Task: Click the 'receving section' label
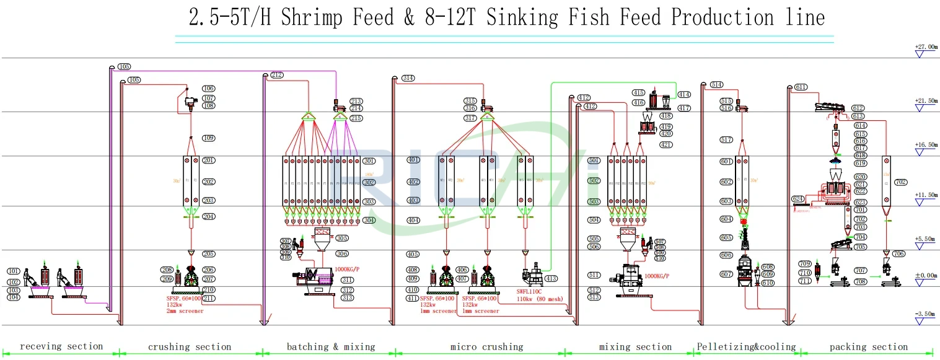click(x=61, y=346)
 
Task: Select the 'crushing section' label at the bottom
click(x=189, y=347)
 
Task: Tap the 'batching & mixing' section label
click(x=330, y=346)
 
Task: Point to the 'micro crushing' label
click(x=486, y=346)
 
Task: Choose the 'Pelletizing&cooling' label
click(x=745, y=346)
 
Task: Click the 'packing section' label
click(x=869, y=346)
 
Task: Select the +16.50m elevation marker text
click(x=926, y=145)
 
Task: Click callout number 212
click(x=276, y=76)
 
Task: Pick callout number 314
click(x=408, y=78)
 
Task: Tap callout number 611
click(x=801, y=87)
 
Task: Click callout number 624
click(x=798, y=199)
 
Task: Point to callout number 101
click(x=14, y=271)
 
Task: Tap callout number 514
click(x=716, y=84)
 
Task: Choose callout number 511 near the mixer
click(x=594, y=275)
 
